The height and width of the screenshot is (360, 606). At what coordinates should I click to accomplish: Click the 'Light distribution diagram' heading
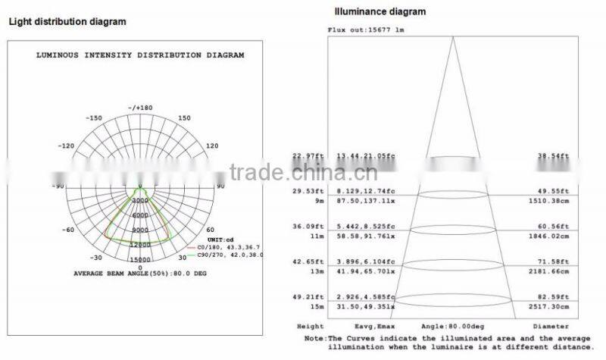(x=67, y=22)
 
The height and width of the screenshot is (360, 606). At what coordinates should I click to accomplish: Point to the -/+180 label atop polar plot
(x=140, y=108)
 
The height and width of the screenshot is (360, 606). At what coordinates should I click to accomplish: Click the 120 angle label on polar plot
(x=213, y=145)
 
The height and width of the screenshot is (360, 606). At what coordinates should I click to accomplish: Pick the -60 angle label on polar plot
(x=67, y=230)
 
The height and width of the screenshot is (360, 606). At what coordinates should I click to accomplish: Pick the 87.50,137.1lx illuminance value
(x=367, y=202)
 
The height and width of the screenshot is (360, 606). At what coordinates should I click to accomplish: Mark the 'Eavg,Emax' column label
(x=367, y=325)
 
